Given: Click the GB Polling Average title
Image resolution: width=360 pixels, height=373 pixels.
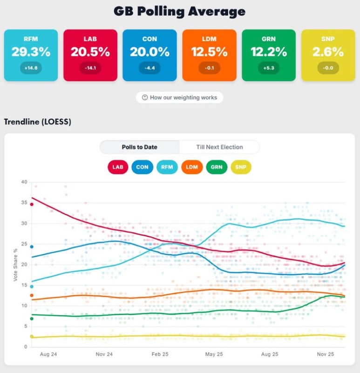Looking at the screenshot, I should (180, 11).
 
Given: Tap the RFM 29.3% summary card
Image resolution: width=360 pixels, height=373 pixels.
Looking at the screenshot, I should (31, 55).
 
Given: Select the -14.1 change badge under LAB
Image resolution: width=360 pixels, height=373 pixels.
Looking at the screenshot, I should (90, 68).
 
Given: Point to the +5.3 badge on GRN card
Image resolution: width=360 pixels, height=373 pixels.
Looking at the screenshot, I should (269, 68).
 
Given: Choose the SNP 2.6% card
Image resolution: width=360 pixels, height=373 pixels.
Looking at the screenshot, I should (328, 55).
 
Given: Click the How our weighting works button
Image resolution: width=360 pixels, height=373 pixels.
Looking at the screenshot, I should (180, 97).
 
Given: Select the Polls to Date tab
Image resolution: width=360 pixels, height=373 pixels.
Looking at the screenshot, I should (139, 147).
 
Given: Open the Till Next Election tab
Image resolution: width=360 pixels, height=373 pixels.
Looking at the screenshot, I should (219, 147).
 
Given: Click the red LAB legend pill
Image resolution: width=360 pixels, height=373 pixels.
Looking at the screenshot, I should (119, 166).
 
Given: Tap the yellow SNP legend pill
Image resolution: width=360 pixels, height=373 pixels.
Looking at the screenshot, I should (240, 166).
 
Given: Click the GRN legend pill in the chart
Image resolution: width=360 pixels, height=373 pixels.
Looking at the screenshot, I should (216, 166).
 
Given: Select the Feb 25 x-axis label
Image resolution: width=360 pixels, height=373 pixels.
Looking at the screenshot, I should (160, 354).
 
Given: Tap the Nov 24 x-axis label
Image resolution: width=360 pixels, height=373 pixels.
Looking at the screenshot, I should (104, 354).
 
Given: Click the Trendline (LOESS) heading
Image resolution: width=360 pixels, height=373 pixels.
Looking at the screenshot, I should (37, 122).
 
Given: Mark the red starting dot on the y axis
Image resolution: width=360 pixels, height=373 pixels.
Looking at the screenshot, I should (32, 204).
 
